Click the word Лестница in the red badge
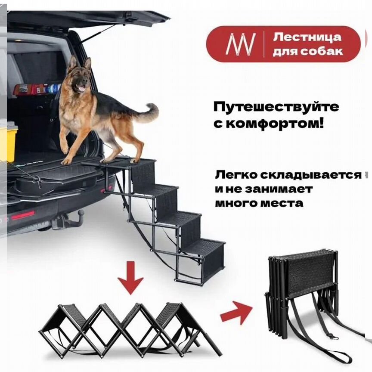pyautogui.click(x=307, y=37)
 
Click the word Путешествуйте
pyautogui.click(x=276, y=106)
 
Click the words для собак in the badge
pyautogui.click(x=308, y=51)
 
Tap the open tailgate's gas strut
pyautogui.click(x=97, y=34)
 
